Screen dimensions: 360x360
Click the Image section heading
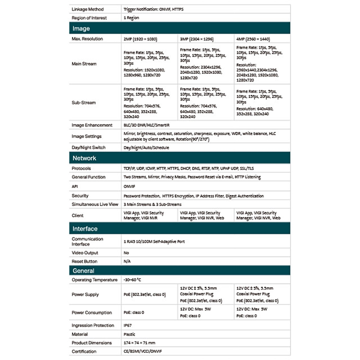coord(81,28)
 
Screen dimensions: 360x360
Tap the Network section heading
coord(84,158)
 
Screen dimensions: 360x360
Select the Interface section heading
coord(85,229)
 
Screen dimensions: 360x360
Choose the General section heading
coord(83,271)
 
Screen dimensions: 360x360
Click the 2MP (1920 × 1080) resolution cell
coord(140,39)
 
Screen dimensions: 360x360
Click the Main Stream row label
coord(84,64)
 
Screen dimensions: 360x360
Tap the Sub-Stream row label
coord(84,103)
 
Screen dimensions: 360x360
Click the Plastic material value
coord(129,334)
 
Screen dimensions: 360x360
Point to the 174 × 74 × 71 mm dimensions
coord(139,343)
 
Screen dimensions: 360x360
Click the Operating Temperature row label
coord(94,280)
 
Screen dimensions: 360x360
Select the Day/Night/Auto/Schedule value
coord(146,148)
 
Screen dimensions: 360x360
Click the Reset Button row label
coord(84,261)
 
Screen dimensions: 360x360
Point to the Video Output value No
coord(126,253)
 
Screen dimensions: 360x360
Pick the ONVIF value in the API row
coord(129,187)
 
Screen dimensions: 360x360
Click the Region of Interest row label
coord(90,18)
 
